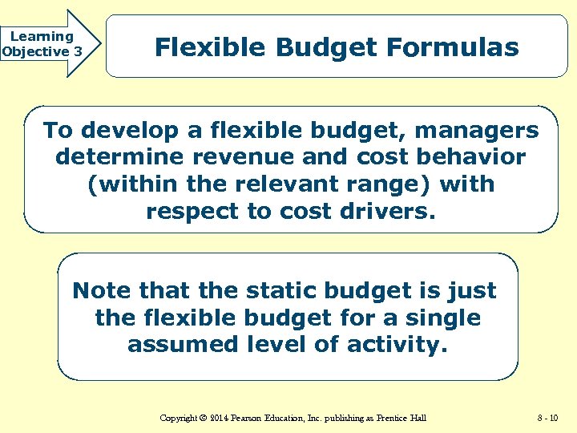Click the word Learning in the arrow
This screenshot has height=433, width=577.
point(41,36)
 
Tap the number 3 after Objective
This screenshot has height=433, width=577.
point(78,51)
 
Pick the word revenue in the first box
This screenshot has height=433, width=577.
point(230,156)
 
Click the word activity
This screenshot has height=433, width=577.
point(398,345)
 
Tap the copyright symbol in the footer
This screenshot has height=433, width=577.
point(204,418)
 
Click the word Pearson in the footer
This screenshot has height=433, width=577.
point(251,418)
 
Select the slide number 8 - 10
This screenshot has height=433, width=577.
point(549,418)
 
